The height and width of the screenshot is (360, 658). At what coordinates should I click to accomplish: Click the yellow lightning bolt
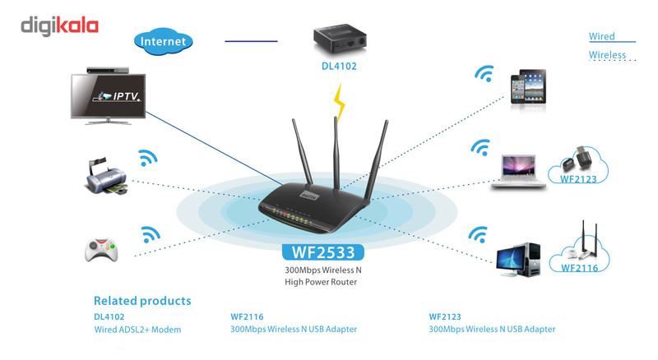pyautogui.click(x=338, y=100)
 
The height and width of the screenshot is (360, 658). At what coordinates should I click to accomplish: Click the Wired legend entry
pyautogui.click(x=602, y=36)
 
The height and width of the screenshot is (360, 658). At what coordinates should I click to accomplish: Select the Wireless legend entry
pyautogui.click(x=607, y=55)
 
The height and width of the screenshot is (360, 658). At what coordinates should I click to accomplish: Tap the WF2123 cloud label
pyautogui.click(x=583, y=177)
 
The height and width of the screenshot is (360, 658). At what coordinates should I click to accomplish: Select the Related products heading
pyautogui.click(x=142, y=301)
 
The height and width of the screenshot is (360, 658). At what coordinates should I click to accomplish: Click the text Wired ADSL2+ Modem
pyautogui.click(x=137, y=330)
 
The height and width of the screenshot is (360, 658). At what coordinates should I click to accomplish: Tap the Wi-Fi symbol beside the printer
pyautogui.click(x=147, y=157)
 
